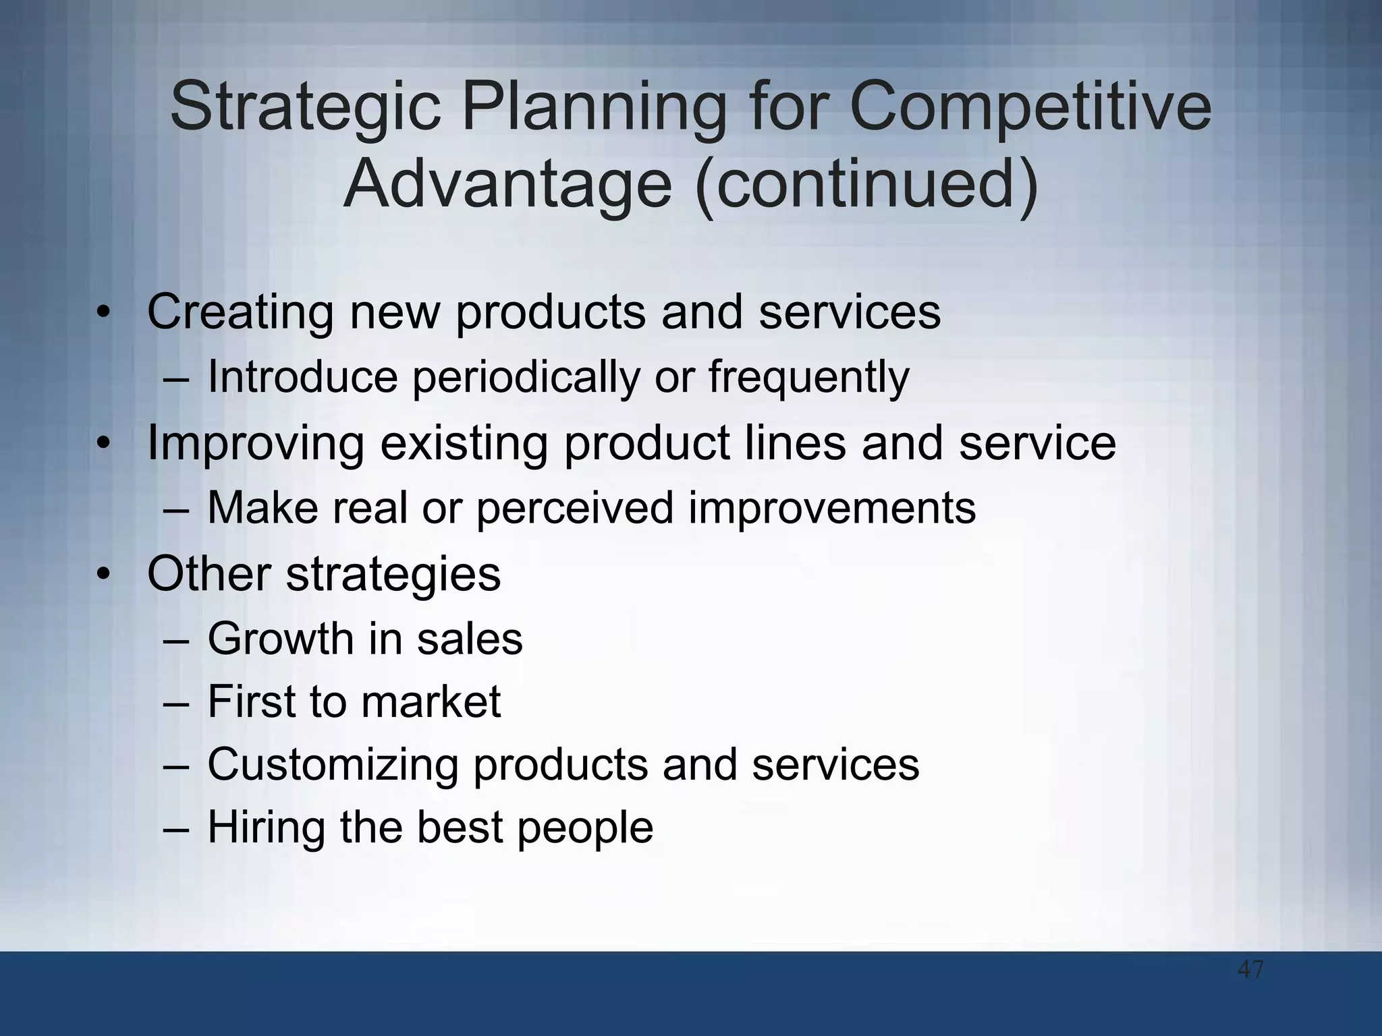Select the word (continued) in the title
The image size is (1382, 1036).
867,183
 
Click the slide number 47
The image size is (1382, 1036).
1250,970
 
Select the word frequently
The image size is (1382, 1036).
808,378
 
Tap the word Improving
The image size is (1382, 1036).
255,444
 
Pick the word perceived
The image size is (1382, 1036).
575,508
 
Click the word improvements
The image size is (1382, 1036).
831,508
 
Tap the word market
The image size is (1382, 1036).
431,701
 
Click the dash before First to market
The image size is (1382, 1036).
177,703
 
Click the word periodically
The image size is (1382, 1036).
525,378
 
